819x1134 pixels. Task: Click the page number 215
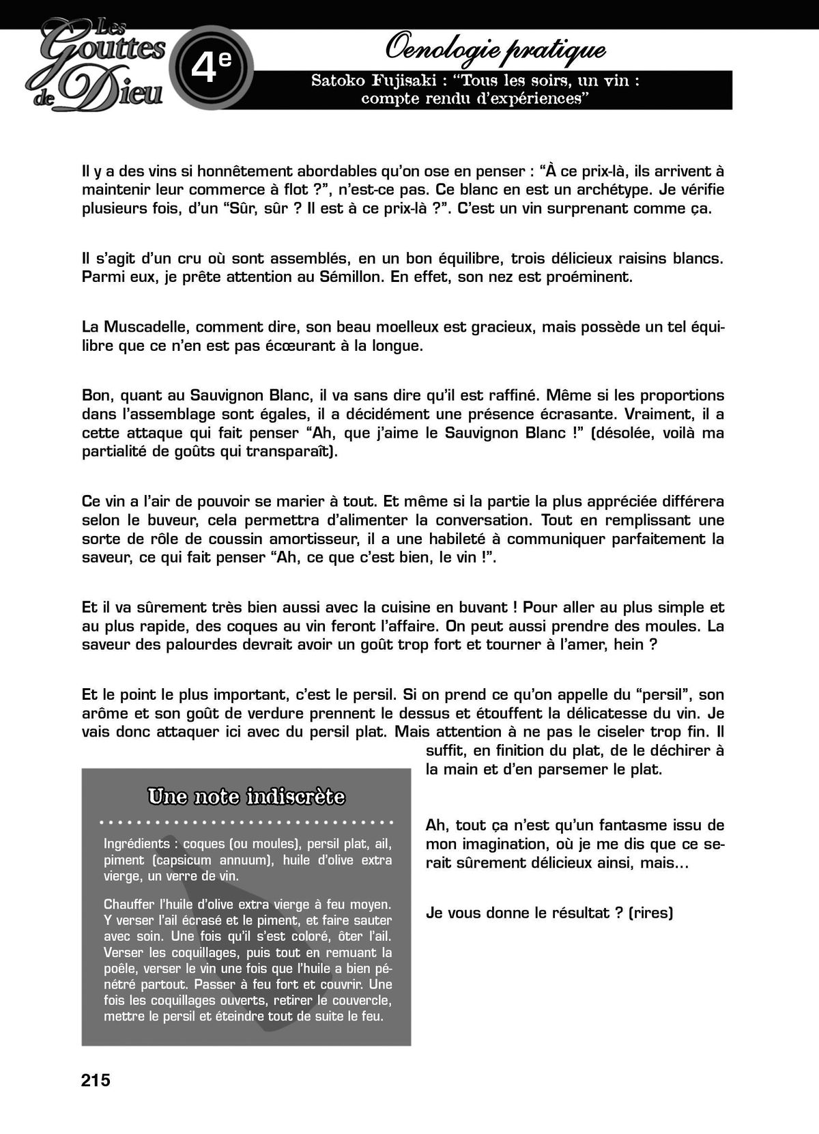96,1080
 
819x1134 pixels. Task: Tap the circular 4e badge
211,67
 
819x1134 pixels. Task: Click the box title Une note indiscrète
246,797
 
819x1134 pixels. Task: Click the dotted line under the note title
246,822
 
